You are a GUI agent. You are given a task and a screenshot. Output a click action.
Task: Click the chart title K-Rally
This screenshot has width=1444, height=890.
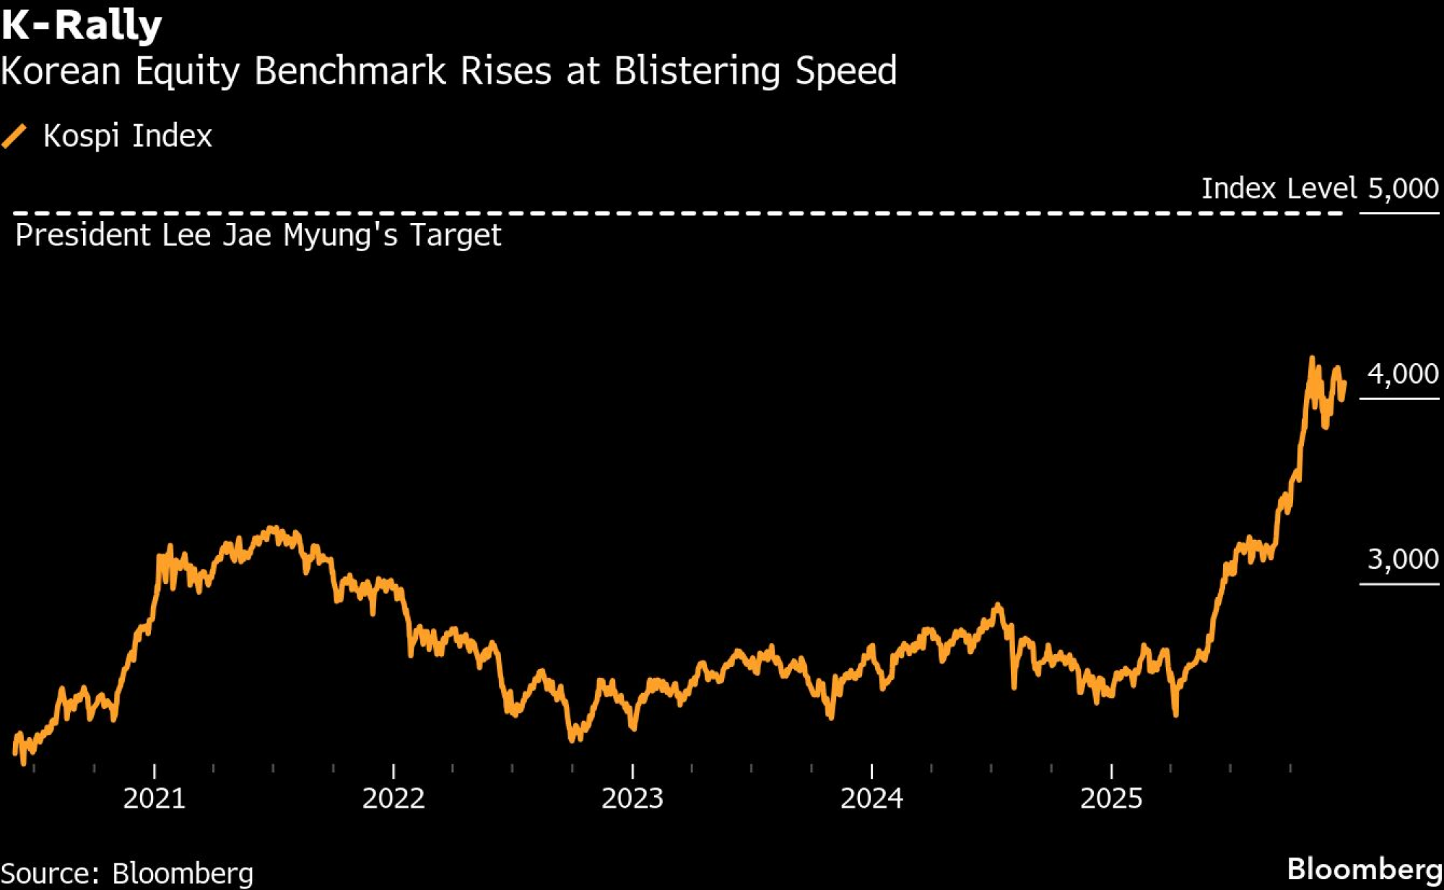click(81, 25)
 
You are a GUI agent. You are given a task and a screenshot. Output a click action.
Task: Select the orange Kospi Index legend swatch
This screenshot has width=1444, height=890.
click(14, 136)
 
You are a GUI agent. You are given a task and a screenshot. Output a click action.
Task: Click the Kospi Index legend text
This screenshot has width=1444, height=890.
click(128, 136)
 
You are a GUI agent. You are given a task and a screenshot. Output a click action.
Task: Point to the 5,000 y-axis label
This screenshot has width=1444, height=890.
click(1403, 188)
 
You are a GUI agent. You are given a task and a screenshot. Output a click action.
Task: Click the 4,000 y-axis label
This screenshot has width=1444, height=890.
click(1403, 374)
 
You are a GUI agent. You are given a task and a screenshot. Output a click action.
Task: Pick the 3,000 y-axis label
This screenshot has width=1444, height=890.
click(1403, 559)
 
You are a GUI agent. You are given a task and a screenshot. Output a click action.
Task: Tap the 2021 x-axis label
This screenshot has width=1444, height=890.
click(154, 798)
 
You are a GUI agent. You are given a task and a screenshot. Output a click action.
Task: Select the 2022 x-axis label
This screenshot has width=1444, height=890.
click(393, 798)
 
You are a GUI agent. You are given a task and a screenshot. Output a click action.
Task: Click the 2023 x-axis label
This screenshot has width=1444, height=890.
click(632, 798)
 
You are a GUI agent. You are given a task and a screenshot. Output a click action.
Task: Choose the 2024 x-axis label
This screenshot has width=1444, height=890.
click(871, 798)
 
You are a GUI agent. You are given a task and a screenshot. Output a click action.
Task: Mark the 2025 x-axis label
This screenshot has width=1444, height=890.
click(1111, 798)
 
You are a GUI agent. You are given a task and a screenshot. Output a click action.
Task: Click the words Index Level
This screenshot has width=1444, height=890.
click(1279, 188)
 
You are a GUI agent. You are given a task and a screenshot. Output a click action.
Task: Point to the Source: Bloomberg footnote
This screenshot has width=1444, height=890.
click(127, 873)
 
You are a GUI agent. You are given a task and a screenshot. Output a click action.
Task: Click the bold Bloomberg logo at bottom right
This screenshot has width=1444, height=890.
click(1364, 869)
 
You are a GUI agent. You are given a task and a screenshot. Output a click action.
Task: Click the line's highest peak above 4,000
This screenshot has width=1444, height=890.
click(1311, 359)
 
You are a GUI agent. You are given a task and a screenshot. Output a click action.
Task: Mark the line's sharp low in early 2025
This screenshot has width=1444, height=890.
click(1175, 714)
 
